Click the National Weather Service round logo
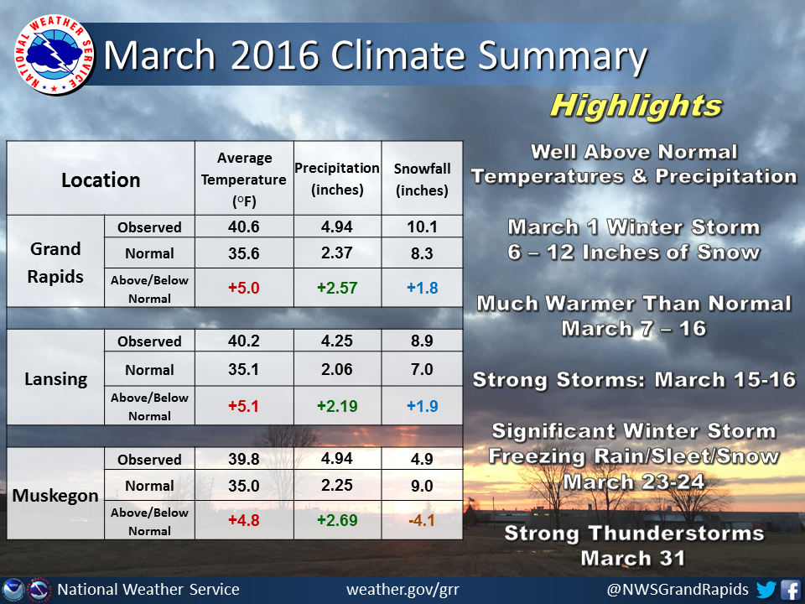(x=54, y=55)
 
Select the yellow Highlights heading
(x=636, y=107)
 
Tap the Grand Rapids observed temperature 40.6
(x=244, y=226)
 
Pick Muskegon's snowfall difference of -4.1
(x=422, y=520)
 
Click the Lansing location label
(x=56, y=379)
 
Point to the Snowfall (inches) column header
(x=422, y=180)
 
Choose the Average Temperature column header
(x=244, y=180)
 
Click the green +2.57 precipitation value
(x=337, y=288)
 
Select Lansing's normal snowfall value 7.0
(x=422, y=369)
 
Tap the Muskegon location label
(x=55, y=496)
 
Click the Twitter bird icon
(x=766, y=589)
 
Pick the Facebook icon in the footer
(x=791, y=589)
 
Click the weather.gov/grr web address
(x=403, y=589)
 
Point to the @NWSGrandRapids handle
(x=678, y=589)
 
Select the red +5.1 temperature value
(x=243, y=406)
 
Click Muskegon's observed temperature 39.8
(x=244, y=459)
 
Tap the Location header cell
(x=101, y=180)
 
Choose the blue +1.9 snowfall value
(x=422, y=406)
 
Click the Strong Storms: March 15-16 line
(x=634, y=379)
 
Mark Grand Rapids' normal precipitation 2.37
(x=337, y=253)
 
